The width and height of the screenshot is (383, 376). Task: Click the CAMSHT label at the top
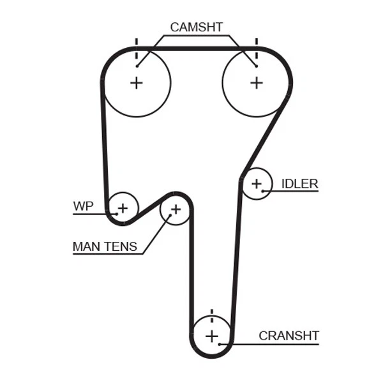pyautogui.click(x=196, y=27)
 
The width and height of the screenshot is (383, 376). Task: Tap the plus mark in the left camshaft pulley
pyautogui.click(x=136, y=82)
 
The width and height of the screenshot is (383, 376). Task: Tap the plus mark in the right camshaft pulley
pyautogui.click(x=256, y=82)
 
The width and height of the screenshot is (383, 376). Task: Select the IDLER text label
pyautogui.click(x=299, y=184)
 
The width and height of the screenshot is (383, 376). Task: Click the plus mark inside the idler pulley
pyautogui.click(x=257, y=184)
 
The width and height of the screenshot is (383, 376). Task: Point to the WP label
pyautogui.click(x=83, y=206)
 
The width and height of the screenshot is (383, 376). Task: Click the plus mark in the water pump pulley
pyautogui.click(x=123, y=207)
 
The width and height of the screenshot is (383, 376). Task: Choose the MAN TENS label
pyautogui.click(x=105, y=246)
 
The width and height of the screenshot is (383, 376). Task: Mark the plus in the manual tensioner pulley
pyautogui.click(x=176, y=209)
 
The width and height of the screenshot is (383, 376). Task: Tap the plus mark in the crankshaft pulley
pyautogui.click(x=211, y=336)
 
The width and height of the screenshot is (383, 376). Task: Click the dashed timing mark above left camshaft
pyautogui.click(x=136, y=46)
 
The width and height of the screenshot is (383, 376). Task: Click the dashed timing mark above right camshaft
pyautogui.click(x=256, y=46)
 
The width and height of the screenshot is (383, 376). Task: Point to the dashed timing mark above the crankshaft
pyautogui.click(x=211, y=315)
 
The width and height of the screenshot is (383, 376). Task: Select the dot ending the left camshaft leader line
pyautogui.click(x=137, y=66)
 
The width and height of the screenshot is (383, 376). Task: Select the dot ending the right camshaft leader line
pyautogui.click(x=255, y=66)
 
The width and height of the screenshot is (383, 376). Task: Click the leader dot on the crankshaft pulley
pyautogui.click(x=220, y=344)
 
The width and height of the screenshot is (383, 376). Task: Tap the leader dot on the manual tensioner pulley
pyautogui.click(x=170, y=216)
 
